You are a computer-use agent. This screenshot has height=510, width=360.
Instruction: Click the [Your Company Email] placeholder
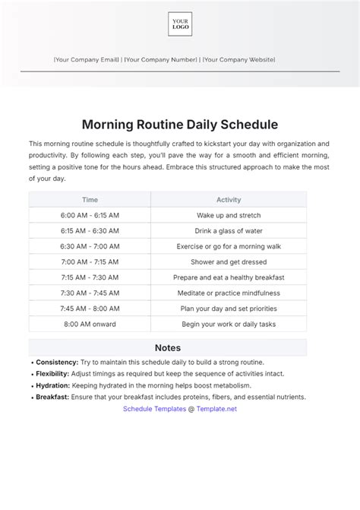click(x=87, y=59)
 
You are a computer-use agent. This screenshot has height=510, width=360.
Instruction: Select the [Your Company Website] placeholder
click(x=238, y=59)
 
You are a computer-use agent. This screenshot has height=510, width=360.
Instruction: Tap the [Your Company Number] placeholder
click(x=160, y=59)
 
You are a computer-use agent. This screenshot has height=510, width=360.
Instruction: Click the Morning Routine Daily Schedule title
click(x=179, y=123)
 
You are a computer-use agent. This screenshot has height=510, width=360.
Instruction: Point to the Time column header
click(x=90, y=200)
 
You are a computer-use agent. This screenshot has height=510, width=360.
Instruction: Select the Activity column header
click(x=229, y=200)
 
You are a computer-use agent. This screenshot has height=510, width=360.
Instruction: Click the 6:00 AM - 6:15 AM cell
click(x=90, y=215)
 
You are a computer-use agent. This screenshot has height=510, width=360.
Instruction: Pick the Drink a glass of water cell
click(x=229, y=230)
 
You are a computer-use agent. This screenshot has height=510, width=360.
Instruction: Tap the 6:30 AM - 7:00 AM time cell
click(x=90, y=246)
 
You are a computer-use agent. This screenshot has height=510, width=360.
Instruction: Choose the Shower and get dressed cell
click(x=229, y=261)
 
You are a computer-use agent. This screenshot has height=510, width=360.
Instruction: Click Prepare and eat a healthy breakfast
click(x=229, y=277)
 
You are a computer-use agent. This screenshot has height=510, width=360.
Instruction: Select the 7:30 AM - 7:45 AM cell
click(x=90, y=293)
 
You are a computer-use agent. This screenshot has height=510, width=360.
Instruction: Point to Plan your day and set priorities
click(x=229, y=309)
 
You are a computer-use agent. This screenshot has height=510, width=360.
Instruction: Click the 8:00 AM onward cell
click(x=90, y=324)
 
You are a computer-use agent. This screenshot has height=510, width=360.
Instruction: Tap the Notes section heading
click(x=168, y=347)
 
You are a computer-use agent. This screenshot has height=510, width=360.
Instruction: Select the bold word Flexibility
click(x=53, y=374)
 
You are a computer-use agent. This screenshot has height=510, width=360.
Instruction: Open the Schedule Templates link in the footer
click(x=154, y=408)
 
